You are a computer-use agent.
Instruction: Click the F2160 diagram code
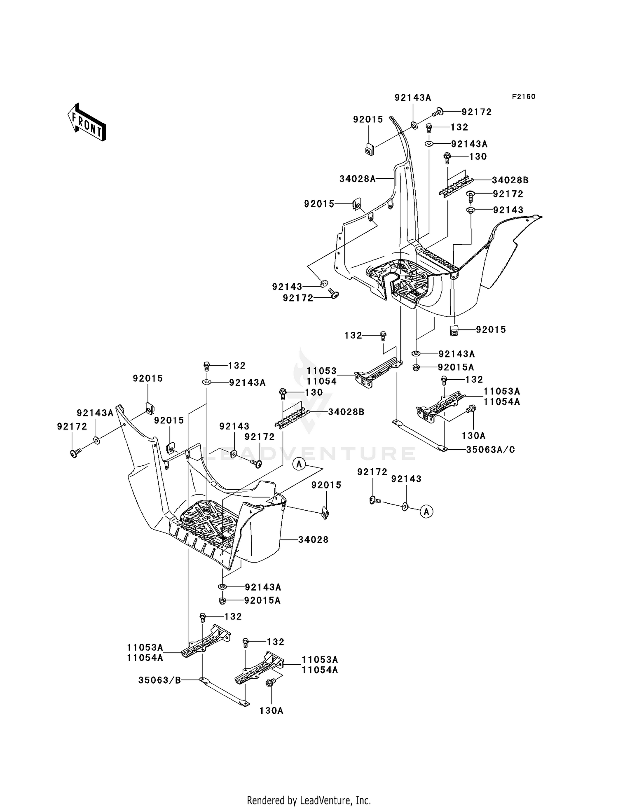click(524, 97)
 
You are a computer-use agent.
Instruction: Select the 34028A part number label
click(358, 179)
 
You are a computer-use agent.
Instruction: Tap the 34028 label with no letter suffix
click(314, 539)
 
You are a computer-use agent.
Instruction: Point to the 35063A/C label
click(491, 449)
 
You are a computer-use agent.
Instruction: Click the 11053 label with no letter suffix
click(322, 371)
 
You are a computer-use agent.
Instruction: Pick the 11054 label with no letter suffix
click(322, 381)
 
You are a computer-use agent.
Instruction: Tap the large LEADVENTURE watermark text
click(309, 454)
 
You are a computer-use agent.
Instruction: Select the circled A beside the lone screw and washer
click(427, 512)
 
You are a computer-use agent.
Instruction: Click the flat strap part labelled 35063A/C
click(419, 436)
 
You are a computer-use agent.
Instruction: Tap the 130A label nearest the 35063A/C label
click(474, 436)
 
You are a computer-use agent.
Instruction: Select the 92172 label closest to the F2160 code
click(477, 112)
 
